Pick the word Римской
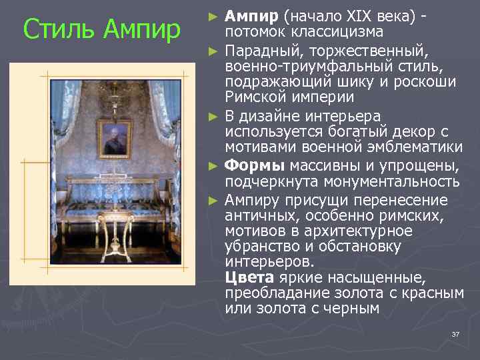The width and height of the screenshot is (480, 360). click(x=251, y=97)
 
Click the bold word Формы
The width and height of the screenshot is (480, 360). click(x=247, y=166)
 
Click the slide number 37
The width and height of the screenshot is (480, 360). click(x=455, y=334)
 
